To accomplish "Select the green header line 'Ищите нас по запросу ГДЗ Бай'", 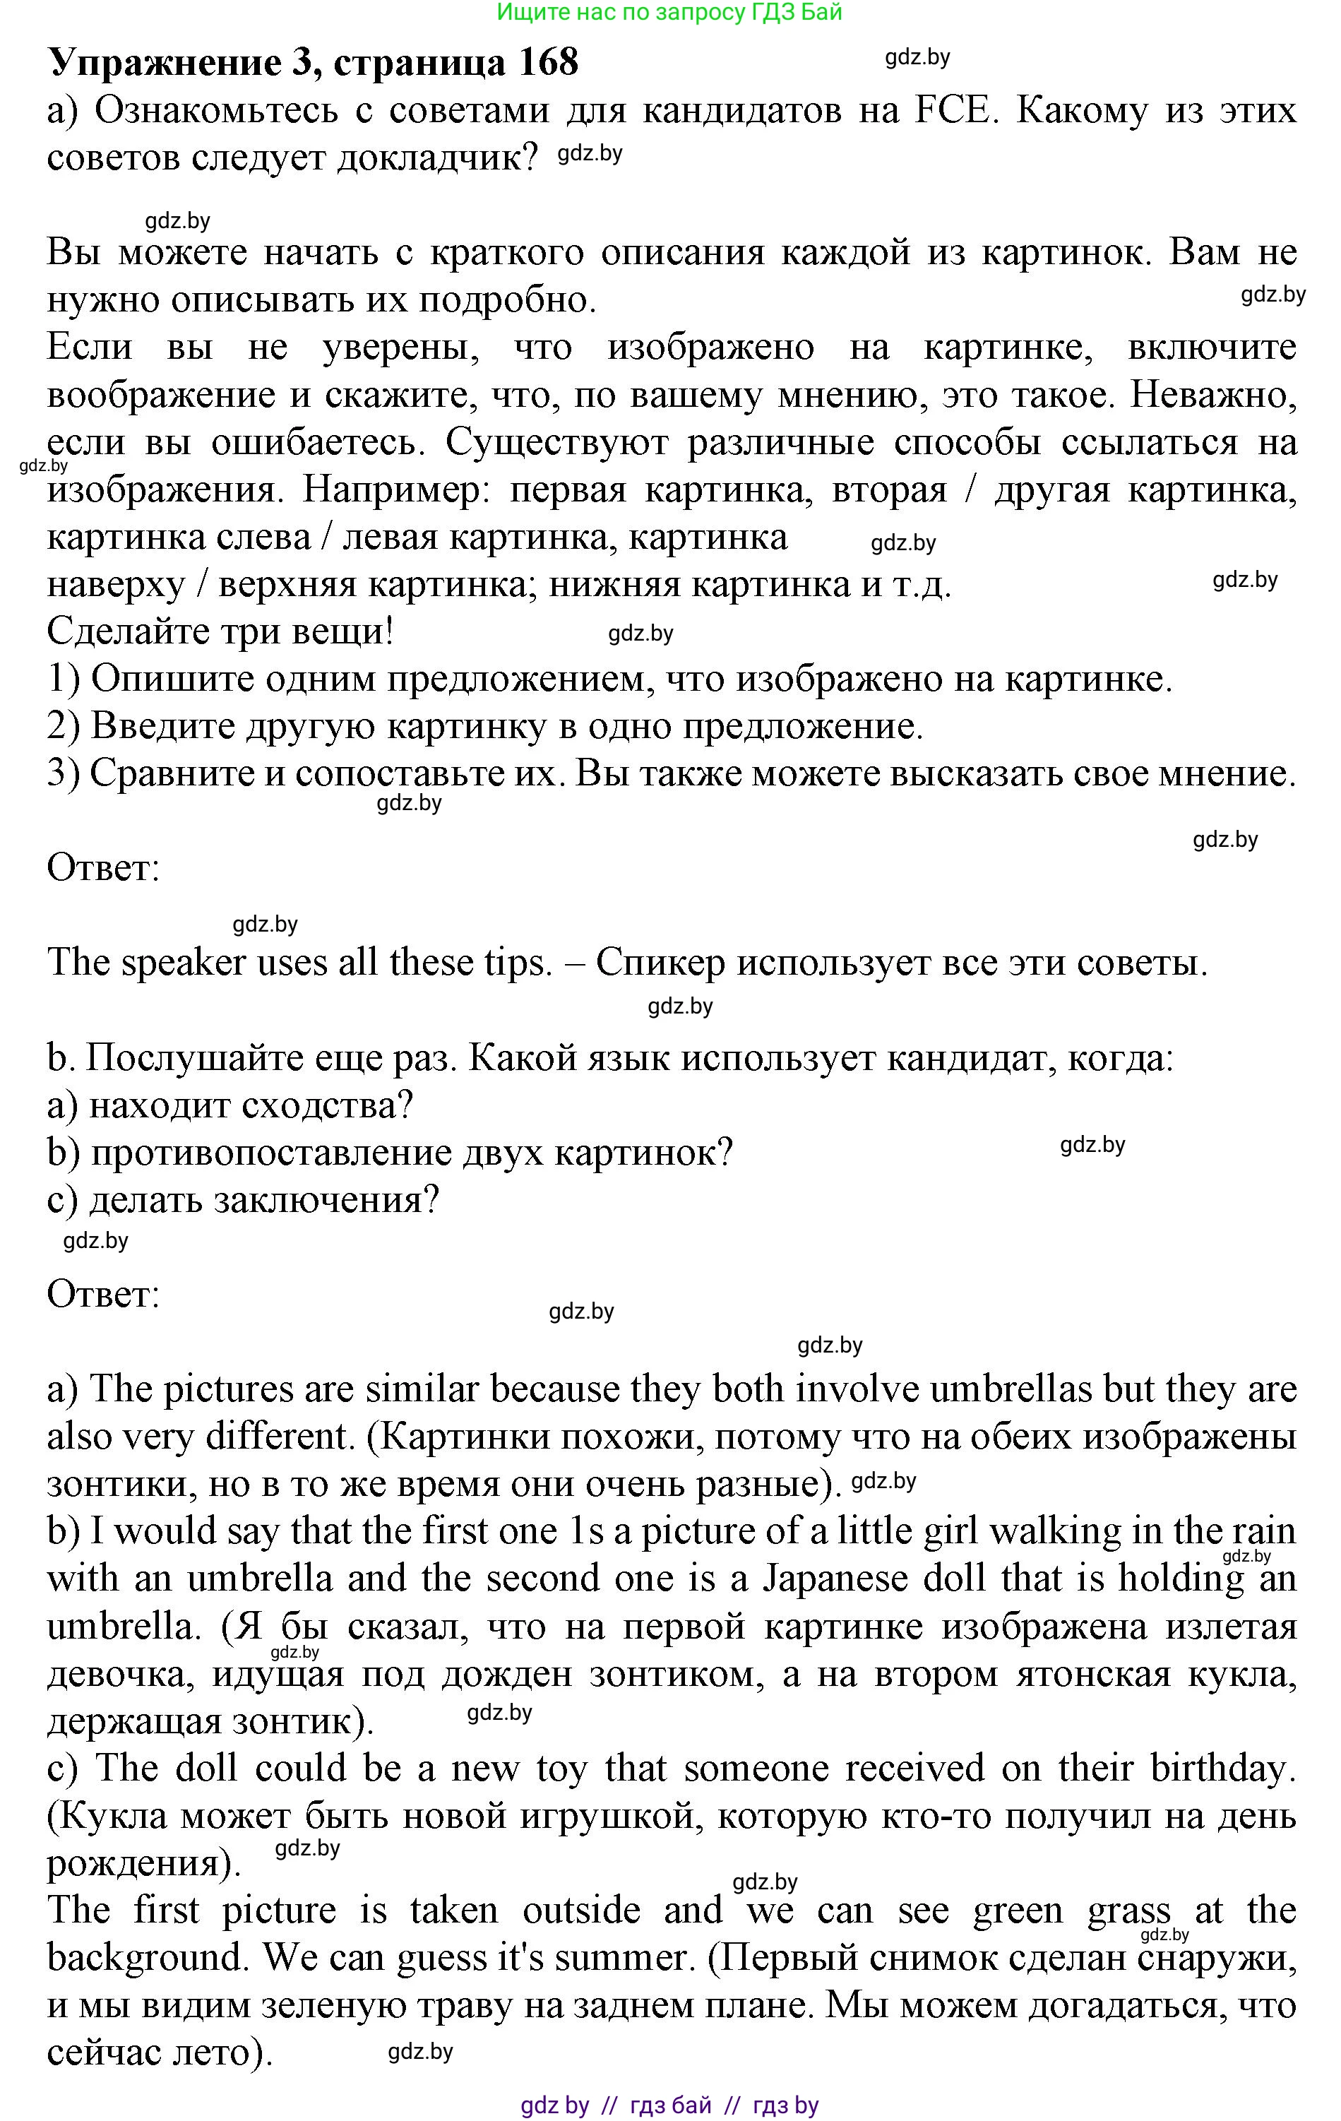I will click(x=669, y=12).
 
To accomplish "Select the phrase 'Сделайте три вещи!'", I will click(x=220, y=631).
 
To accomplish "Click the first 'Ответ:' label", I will click(x=103, y=867).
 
